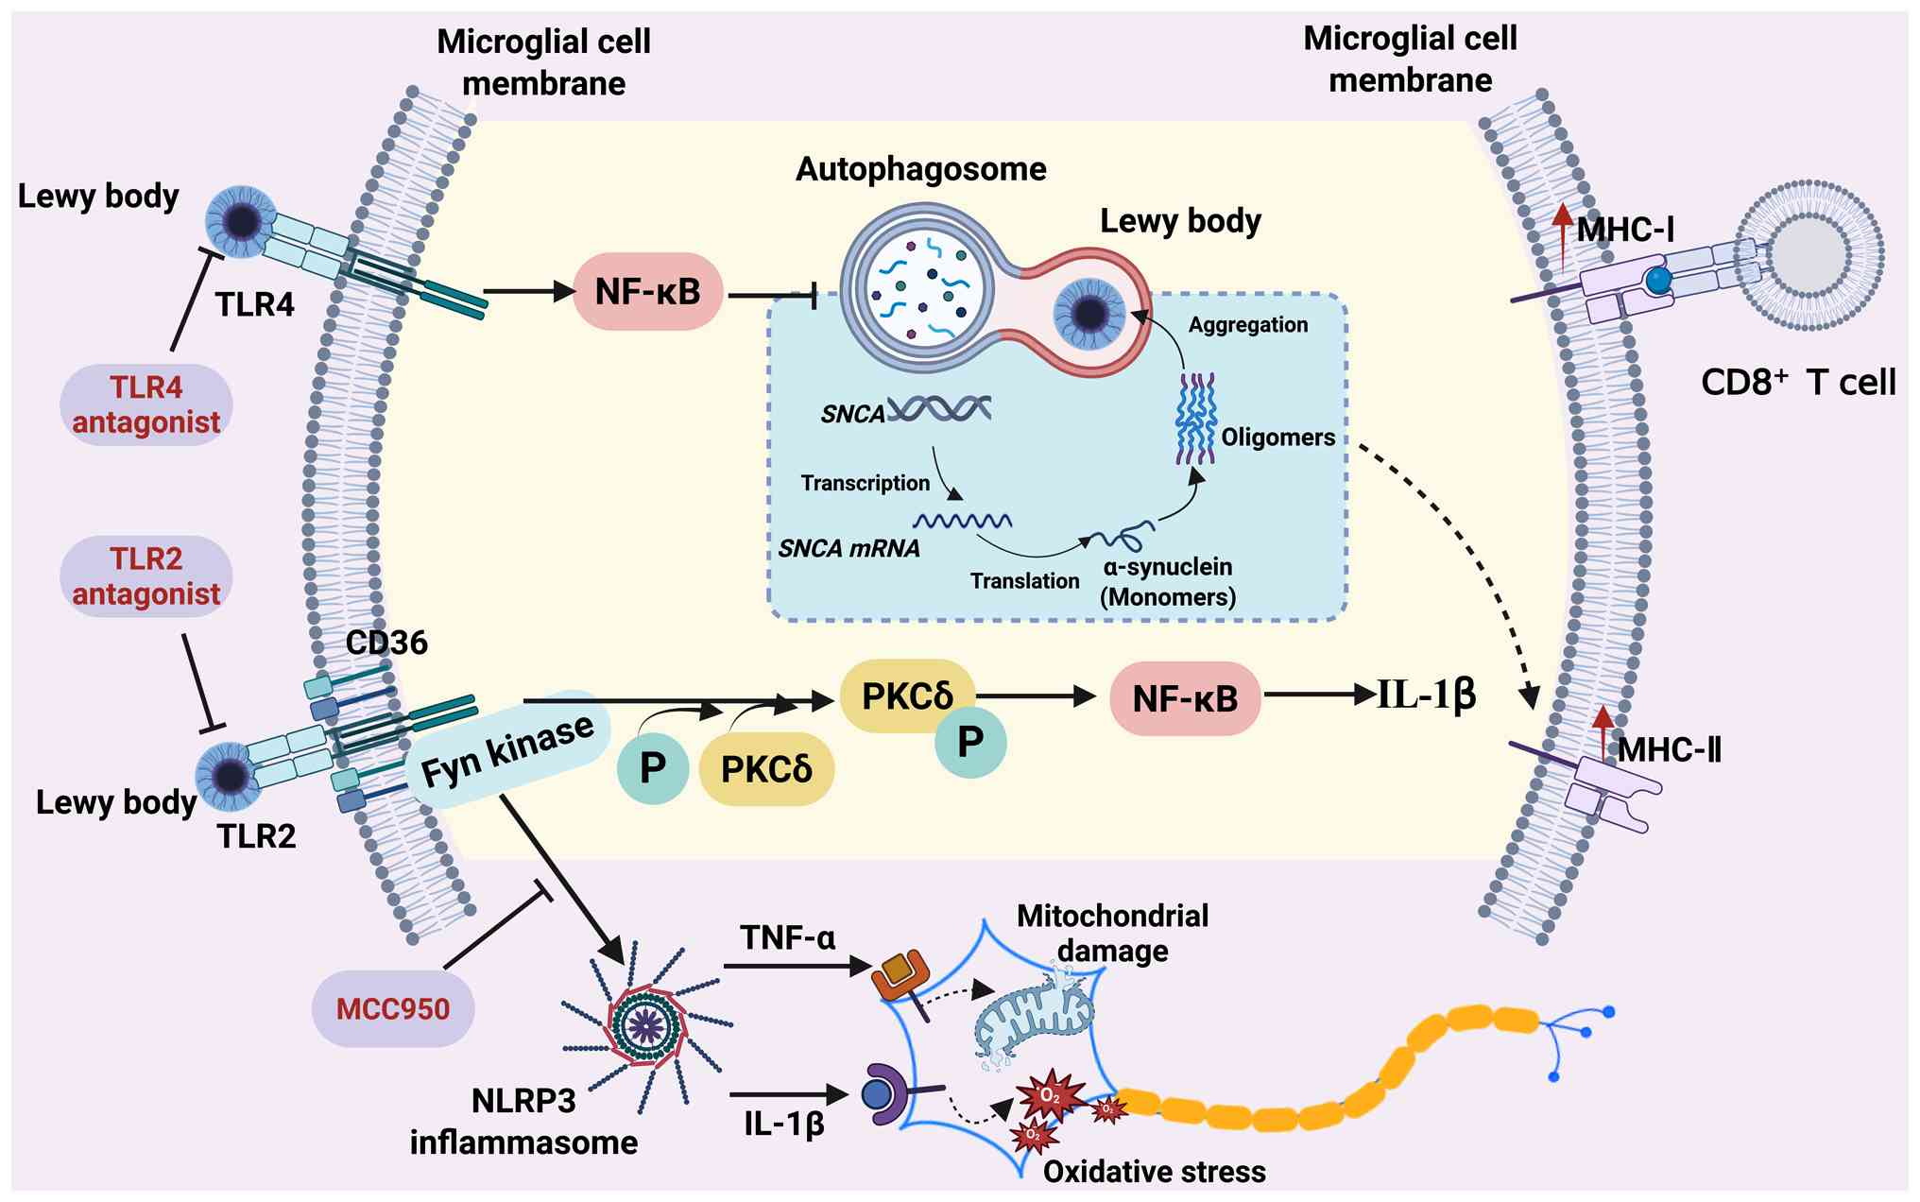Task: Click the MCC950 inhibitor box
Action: [x=393, y=1008]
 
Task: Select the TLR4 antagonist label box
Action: [x=146, y=404]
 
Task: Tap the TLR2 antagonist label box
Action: [x=146, y=576]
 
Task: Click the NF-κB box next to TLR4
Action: [x=648, y=291]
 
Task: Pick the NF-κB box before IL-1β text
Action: [x=1185, y=698]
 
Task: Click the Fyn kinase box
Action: [x=507, y=750]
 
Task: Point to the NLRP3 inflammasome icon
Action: [x=647, y=1023]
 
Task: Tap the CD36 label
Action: [x=386, y=643]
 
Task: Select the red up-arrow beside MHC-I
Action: [x=1564, y=234]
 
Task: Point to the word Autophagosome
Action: [x=921, y=169]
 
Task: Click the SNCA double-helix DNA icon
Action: [x=939, y=408]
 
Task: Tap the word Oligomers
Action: [x=1277, y=438]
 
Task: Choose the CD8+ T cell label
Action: [x=1798, y=383]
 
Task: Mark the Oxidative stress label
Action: [x=1154, y=1172]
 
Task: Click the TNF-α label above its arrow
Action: [x=788, y=937]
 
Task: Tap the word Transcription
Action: [x=866, y=483]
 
